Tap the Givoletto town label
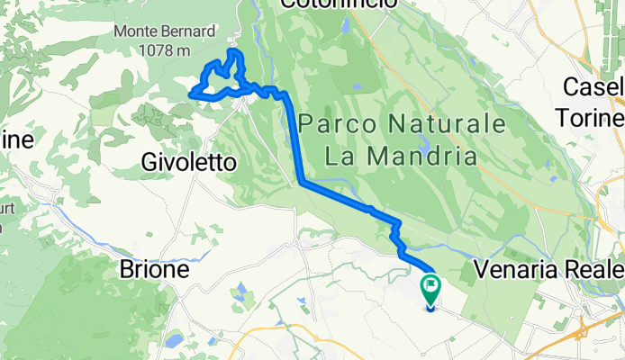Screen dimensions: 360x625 pyautogui.click(x=189, y=163)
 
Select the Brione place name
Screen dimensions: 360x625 pyautogui.click(x=155, y=269)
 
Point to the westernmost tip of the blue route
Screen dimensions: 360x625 pyautogui.click(x=190, y=93)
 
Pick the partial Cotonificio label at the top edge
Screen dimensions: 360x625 pyautogui.click(x=338, y=4)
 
